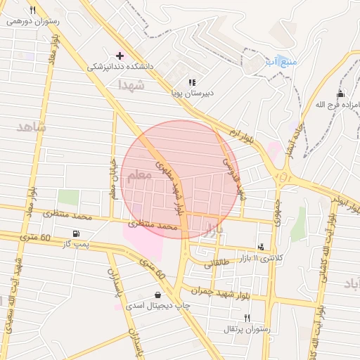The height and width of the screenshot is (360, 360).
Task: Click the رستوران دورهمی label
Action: (x=34, y=21)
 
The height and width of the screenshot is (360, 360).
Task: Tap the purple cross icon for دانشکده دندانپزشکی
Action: (x=120, y=55)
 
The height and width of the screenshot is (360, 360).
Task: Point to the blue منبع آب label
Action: (x=281, y=62)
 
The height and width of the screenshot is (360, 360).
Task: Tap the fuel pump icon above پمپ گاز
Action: (x=76, y=233)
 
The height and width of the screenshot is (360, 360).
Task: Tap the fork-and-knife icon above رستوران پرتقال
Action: (x=246, y=319)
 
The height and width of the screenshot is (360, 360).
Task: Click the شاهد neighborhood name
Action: (x=30, y=127)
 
